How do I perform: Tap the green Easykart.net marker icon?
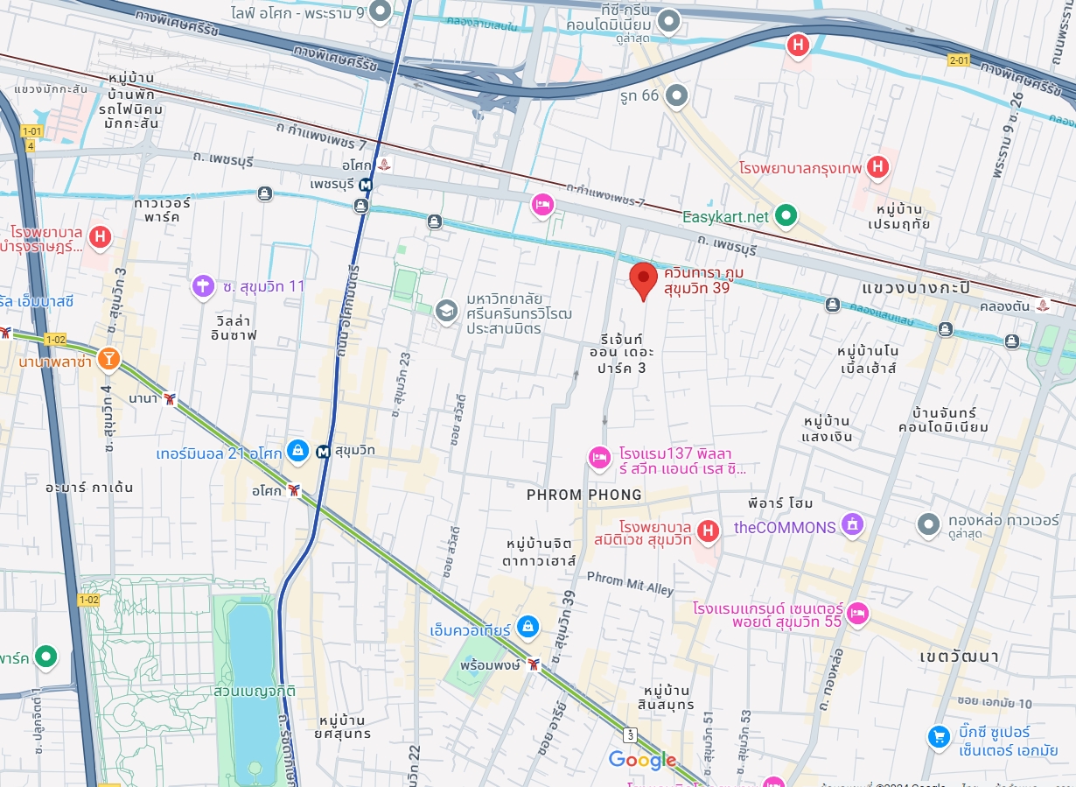click(786, 214)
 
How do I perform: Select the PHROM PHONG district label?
click(583, 495)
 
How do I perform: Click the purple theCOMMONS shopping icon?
click(851, 525)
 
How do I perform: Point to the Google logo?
click(642, 761)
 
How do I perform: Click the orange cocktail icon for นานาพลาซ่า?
click(108, 358)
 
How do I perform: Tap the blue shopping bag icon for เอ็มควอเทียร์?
click(527, 626)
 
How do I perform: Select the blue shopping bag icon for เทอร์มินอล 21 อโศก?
click(297, 451)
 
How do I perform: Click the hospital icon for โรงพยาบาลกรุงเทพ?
click(878, 165)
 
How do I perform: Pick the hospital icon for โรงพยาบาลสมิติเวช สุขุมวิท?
click(709, 530)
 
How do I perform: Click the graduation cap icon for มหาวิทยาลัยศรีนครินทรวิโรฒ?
click(447, 311)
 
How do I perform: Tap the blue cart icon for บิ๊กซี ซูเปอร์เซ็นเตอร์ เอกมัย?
click(940, 737)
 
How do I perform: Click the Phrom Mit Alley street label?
click(630, 583)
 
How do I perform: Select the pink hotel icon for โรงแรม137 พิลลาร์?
click(599, 456)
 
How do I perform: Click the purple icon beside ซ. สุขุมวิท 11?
click(203, 285)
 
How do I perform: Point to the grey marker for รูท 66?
click(675, 95)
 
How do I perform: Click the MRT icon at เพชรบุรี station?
click(366, 185)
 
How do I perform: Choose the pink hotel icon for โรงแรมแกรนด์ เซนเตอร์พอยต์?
click(858, 612)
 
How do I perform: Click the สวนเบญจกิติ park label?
click(254, 691)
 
